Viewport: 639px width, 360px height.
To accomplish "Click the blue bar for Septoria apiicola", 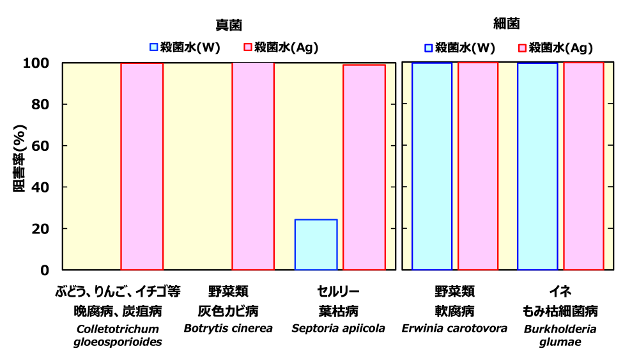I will (x=316, y=244).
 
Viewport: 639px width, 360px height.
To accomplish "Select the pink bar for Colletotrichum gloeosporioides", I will (x=142, y=166).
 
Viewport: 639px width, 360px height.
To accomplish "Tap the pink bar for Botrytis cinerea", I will (x=253, y=166).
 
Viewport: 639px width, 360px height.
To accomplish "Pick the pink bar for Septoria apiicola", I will (x=364, y=167).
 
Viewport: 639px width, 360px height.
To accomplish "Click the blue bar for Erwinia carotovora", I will (x=432, y=166).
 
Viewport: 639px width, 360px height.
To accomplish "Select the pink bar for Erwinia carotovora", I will (x=478, y=166).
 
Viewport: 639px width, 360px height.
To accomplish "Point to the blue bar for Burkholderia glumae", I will (x=537, y=166).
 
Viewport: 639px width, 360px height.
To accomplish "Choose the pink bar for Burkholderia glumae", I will (x=583, y=166).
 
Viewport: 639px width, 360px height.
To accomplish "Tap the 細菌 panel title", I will (x=506, y=24).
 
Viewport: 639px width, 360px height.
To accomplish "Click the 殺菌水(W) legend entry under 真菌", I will (x=185, y=47).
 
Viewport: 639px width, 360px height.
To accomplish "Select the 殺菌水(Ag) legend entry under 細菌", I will (x=555, y=48).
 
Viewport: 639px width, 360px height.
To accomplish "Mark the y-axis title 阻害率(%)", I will (x=19, y=166).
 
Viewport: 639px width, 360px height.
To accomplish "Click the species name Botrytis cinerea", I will (x=228, y=329).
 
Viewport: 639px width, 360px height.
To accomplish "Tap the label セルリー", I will (x=339, y=292).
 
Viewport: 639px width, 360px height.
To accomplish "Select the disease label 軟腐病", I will (x=454, y=311).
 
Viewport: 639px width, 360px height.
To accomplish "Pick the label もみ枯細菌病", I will (x=560, y=311).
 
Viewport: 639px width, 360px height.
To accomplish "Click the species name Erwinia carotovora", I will (x=454, y=329).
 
